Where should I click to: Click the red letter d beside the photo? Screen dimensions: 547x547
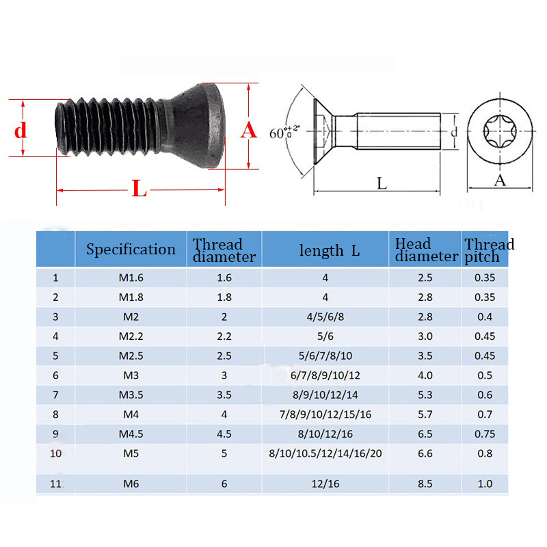[x=21, y=129]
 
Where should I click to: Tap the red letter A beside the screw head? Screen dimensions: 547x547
[x=249, y=129]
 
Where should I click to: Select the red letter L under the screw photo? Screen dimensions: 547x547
[x=139, y=189]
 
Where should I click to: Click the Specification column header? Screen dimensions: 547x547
[x=131, y=250]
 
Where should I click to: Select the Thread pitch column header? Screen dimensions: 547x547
[x=489, y=250]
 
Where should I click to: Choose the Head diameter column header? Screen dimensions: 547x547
[x=426, y=250]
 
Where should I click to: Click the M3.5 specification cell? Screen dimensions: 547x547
[x=131, y=395]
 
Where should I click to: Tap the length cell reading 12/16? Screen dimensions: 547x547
[x=325, y=484]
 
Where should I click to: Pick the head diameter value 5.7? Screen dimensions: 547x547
[x=426, y=414]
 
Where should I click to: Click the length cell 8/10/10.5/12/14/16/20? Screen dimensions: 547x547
[x=325, y=453]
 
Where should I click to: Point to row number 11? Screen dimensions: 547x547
[x=55, y=484]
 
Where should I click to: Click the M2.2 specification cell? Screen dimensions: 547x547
[x=131, y=336]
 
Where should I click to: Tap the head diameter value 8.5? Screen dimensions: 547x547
[x=426, y=484]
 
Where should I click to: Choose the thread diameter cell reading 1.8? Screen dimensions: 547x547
[x=224, y=297]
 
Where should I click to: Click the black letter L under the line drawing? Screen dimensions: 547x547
[x=382, y=183]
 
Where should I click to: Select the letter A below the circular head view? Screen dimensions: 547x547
[x=500, y=181]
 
